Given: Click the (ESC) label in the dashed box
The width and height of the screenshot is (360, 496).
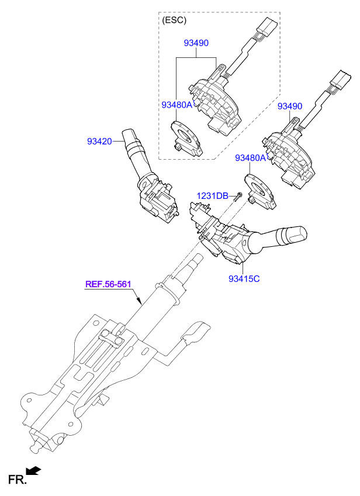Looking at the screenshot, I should click(174, 20).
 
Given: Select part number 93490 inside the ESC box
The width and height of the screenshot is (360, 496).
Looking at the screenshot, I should click(196, 43).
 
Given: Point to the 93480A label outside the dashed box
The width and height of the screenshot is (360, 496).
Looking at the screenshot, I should click(250, 158).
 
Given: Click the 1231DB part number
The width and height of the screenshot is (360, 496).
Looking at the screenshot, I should click(212, 196).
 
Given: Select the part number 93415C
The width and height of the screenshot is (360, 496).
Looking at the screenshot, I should click(244, 278).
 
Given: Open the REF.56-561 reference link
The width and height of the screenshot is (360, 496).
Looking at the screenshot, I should click(108, 285).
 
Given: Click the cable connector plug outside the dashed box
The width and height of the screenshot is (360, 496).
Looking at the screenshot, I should click(339, 80).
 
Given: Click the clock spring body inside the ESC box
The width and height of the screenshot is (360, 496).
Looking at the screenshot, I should click(213, 102).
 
